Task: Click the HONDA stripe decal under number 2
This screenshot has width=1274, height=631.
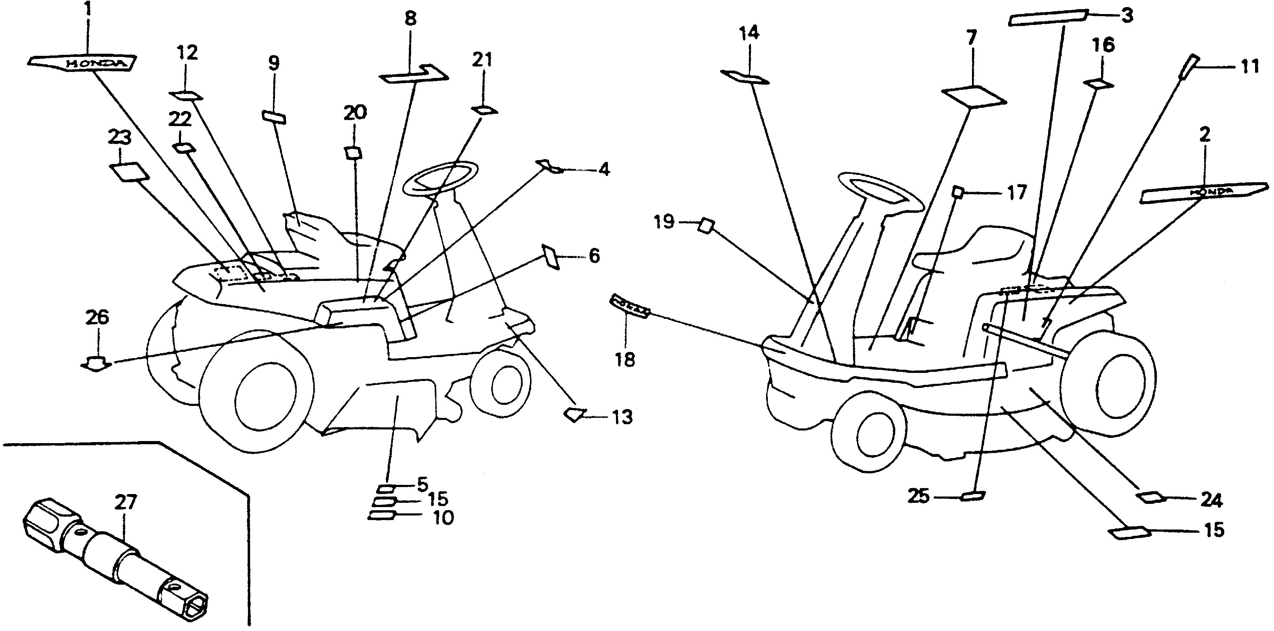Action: click(x=1204, y=193)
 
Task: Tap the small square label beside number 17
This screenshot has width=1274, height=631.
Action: click(x=958, y=192)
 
